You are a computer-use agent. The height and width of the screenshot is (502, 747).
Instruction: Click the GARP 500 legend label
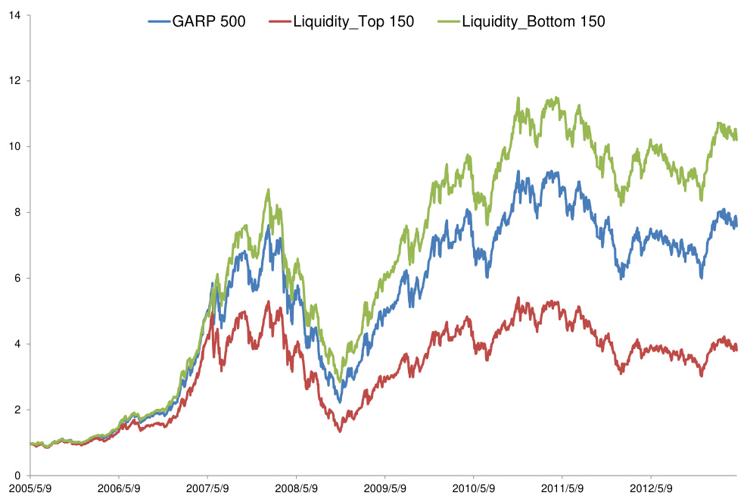[209, 22]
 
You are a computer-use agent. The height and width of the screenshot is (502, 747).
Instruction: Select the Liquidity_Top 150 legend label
[353, 22]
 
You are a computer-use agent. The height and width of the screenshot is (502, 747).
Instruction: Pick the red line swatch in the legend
[279, 22]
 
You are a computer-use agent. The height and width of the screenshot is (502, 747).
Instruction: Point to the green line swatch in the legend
[448, 22]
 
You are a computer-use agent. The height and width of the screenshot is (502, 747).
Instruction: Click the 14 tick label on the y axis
[15, 14]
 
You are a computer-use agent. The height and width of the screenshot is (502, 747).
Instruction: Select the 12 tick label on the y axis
[15, 80]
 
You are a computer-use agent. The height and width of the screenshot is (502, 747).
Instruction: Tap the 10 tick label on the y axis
[15, 146]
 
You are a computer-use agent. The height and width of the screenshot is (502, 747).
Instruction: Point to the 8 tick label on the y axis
[18, 212]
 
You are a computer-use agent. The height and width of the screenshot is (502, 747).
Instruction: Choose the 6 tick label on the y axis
[18, 278]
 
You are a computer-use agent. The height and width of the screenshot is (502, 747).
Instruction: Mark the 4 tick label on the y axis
[18, 344]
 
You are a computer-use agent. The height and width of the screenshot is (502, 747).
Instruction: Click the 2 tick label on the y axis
[18, 410]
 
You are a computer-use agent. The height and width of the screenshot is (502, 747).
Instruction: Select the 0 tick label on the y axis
[18, 475]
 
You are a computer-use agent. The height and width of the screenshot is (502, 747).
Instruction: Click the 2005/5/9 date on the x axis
[30, 488]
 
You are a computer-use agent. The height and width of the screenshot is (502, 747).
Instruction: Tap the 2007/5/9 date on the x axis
[208, 488]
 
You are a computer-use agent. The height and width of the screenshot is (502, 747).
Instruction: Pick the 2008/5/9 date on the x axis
[297, 488]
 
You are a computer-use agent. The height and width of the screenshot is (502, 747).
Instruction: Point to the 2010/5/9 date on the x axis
[474, 488]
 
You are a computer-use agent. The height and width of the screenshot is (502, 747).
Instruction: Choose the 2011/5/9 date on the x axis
[562, 488]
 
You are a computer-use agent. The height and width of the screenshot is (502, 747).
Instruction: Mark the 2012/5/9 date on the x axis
[651, 488]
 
